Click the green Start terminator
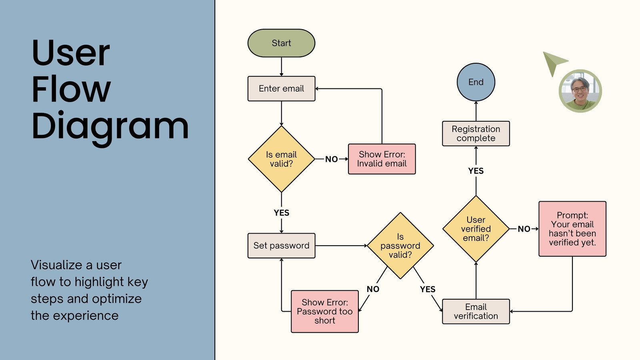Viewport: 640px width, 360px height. click(281, 43)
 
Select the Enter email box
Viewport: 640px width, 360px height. click(281, 89)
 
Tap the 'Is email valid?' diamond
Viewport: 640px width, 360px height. click(281, 159)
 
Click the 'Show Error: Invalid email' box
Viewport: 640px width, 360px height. click(382, 159)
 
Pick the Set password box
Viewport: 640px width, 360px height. click(281, 246)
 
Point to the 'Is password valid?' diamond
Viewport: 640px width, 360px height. click(400, 246)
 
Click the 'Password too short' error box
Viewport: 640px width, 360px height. click(324, 312)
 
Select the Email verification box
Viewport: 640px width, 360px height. click(476, 312)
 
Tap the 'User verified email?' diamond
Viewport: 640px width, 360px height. click(476, 229)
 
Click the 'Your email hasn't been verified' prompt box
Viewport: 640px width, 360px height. click(572, 229)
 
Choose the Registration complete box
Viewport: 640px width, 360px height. click(476, 134)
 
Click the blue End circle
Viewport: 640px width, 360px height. click(476, 82)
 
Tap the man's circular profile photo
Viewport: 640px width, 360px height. click(580, 91)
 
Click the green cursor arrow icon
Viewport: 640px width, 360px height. click(553, 62)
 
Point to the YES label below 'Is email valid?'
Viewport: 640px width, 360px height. click(281, 213)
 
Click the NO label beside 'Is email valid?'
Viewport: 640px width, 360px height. click(331, 159)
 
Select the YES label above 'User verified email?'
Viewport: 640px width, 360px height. click(476, 171)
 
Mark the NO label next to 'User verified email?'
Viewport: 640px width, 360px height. click(524, 229)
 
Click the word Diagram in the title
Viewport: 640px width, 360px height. click(110, 126)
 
